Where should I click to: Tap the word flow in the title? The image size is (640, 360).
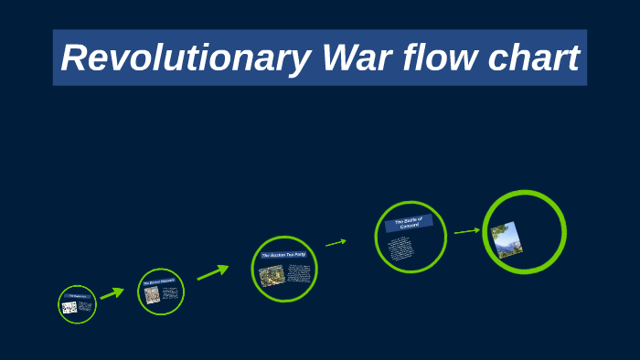(x=443, y=58)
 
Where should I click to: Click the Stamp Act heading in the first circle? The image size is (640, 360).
(x=76, y=297)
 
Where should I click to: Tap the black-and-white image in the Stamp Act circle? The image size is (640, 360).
(x=69, y=308)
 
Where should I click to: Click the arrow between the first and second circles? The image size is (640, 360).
(x=112, y=293)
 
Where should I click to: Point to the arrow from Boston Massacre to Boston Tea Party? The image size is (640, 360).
(x=212, y=272)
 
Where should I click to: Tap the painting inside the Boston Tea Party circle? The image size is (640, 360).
(x=272, y=275)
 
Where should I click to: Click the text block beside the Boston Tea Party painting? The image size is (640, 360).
(x=299, y=273)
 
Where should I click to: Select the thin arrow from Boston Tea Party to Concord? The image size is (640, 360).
(x=336, y=242)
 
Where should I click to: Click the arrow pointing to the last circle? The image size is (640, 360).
(x=466, y=231)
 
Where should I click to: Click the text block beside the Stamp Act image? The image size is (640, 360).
(x=85, y=307)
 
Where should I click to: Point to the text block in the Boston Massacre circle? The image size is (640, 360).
(x=169, y=293)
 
